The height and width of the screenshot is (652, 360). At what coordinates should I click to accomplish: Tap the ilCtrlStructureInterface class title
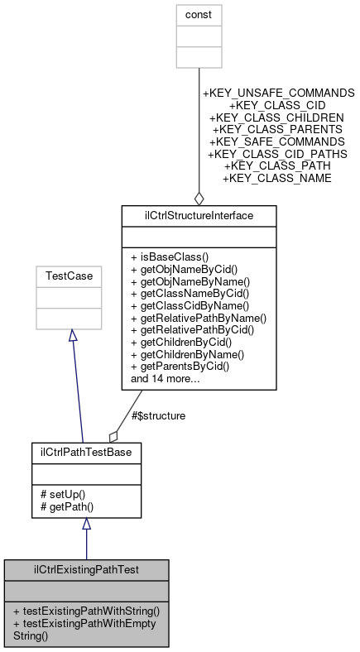pos(199,217)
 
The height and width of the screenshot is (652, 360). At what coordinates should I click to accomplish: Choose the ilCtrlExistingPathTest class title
pos(86,570)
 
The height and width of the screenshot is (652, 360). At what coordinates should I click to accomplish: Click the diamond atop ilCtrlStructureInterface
pos(199,199)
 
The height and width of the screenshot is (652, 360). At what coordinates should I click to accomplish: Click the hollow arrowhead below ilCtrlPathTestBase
pos(86,525)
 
